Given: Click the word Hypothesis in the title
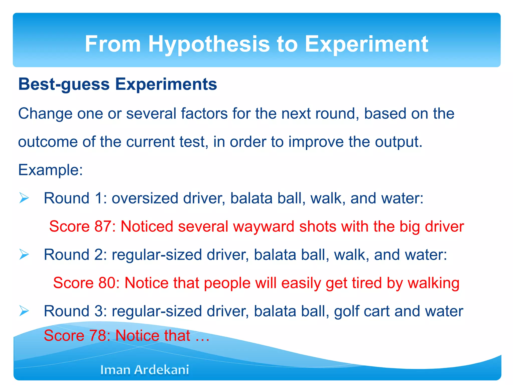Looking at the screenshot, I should tap(209, 44).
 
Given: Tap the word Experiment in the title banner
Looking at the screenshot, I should tap(366, 44).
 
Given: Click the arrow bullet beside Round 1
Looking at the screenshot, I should tap(24, 198).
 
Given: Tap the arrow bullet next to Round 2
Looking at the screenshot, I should tap(24, 255).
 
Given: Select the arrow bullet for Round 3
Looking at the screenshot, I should tap(24, 311).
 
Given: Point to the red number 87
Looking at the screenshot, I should tap(103, 226).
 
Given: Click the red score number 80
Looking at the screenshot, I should tap(107, 283).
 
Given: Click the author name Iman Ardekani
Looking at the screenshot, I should tap(145, 370).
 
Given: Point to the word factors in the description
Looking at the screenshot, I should tap(204, 114).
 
